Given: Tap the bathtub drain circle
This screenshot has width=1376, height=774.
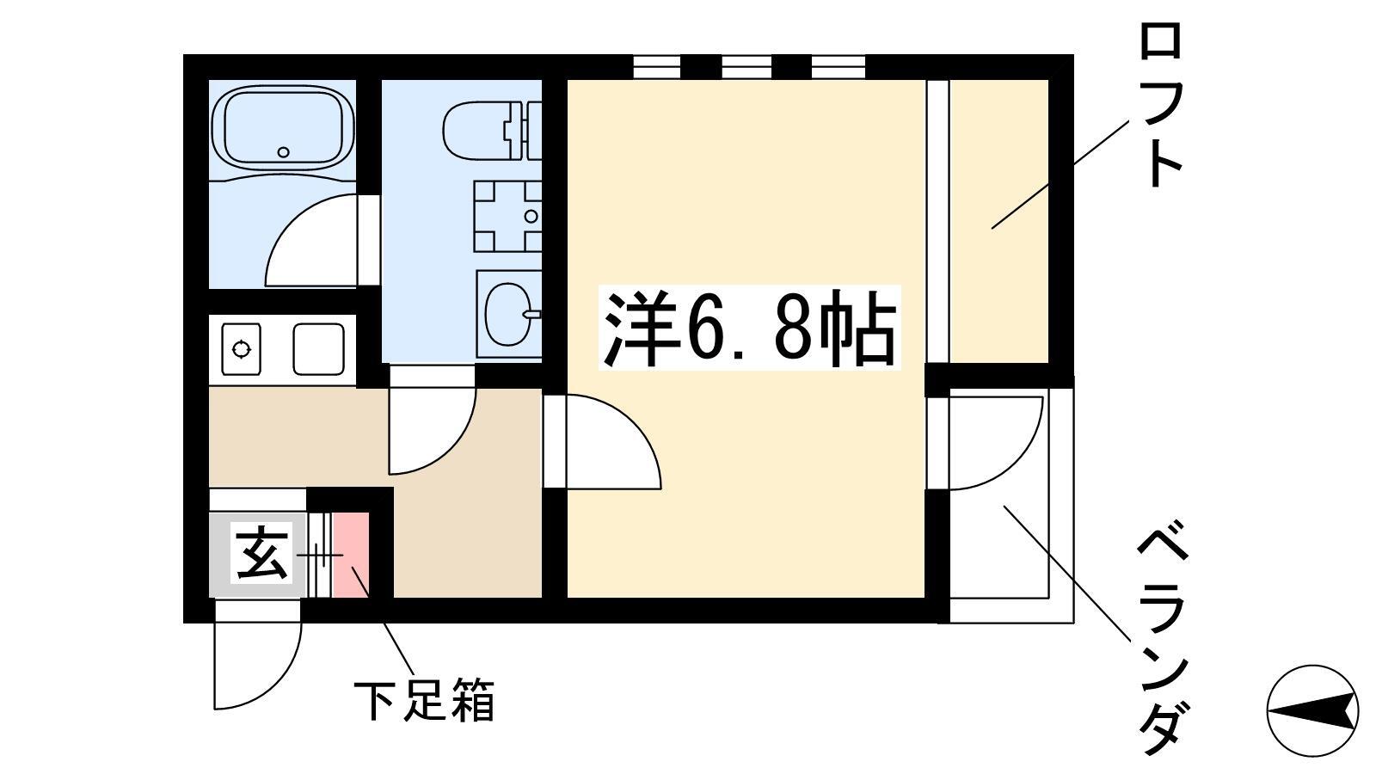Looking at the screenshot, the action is point(283,151).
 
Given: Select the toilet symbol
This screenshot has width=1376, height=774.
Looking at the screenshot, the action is point(491,131).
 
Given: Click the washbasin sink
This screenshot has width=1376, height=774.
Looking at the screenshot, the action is point(507,314).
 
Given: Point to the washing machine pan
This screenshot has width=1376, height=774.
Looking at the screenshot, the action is point(507,216).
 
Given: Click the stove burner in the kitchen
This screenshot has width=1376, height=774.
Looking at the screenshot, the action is point(242,349).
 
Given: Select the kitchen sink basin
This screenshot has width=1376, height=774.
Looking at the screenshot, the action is point(318,349).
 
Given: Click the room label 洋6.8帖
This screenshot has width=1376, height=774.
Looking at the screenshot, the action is point(749,328).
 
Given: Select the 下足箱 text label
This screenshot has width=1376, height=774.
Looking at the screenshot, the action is point(424,700).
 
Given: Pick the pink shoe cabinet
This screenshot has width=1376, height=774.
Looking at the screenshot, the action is point(351,555).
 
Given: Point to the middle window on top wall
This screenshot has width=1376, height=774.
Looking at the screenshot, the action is point(746,67).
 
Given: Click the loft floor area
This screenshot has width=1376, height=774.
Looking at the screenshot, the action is point(998,221).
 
